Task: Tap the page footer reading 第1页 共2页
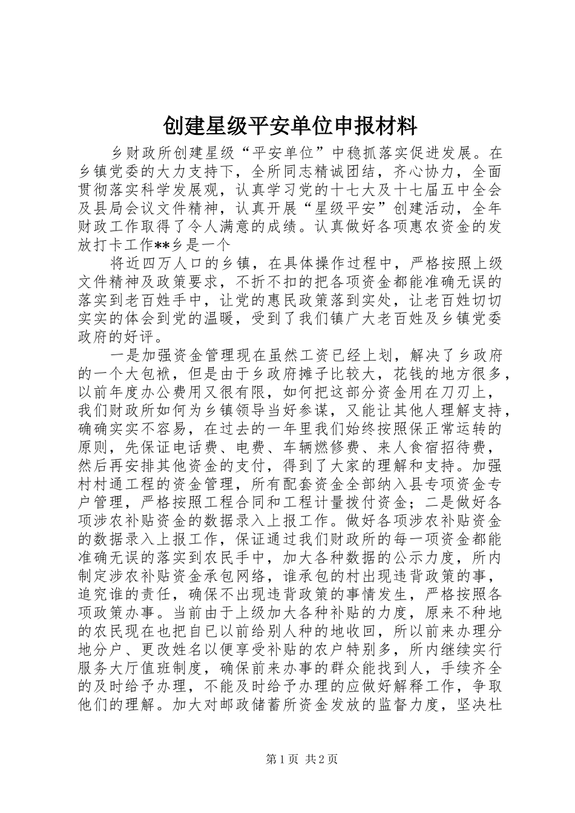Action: pyautogui.click(x=300, y=759)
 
